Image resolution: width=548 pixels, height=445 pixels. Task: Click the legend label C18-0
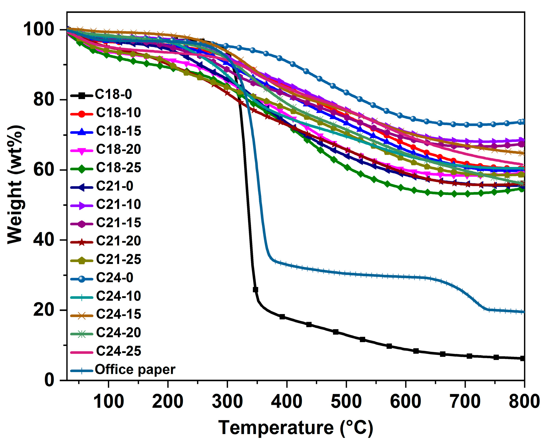(x=113, y=94)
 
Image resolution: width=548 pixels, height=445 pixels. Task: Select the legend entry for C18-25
(x=119, y=167)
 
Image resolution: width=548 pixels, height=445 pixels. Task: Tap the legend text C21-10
(x=119, y=204)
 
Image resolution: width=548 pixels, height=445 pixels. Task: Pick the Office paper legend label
(x=135, y=370)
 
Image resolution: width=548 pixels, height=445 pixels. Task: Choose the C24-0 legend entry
(x=114, y=278)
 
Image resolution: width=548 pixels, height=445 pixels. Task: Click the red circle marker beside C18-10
(x=81, y=114)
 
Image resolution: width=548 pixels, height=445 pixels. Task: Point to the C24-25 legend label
(x=119, y=351)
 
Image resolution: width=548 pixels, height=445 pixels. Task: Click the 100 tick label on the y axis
(x=38, y=29)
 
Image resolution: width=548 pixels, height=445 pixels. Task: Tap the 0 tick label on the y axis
(x=49, y=380)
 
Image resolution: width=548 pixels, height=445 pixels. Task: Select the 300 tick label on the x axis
(x=227, y=401)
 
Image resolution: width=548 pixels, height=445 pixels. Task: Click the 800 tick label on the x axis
(x=524, y=401)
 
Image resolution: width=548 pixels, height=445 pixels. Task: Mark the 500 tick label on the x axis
(x=346, y=401)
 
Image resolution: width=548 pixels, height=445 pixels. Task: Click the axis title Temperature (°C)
(x=296, y=428)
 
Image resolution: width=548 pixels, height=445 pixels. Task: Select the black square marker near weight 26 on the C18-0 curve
(x=255, y=289)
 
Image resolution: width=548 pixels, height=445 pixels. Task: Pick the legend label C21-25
(x=119, y=259)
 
